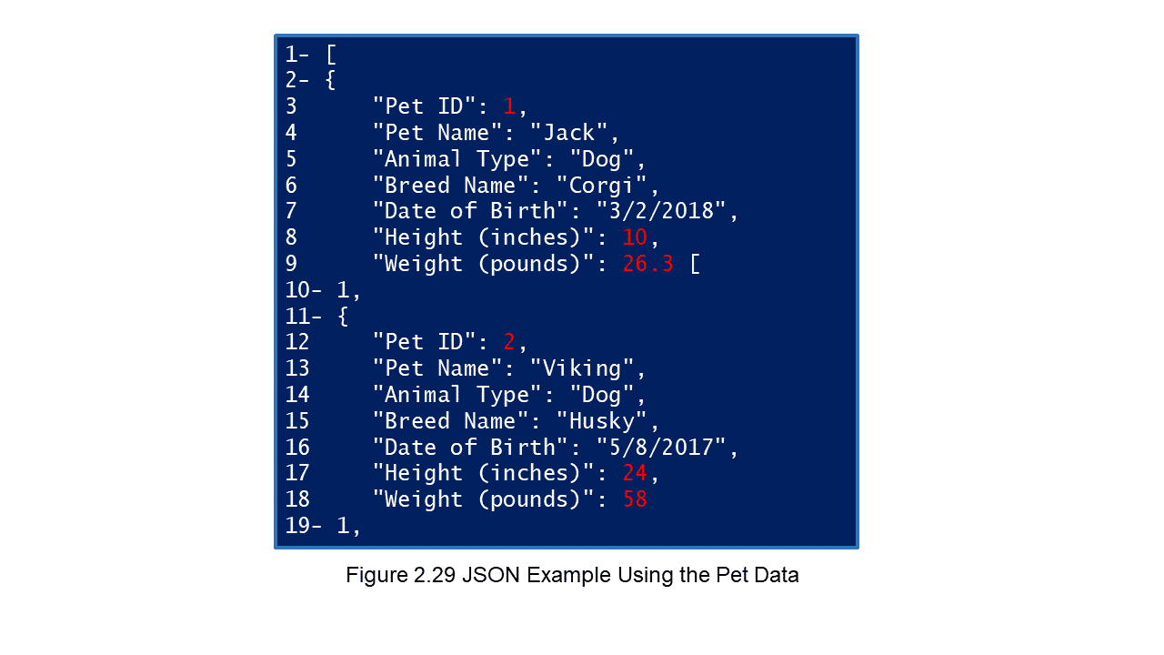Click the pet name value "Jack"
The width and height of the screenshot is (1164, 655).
coord(569,133)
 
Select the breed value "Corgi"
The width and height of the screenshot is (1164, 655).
coord(602,186)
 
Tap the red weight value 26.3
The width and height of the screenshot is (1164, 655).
coord(648,264)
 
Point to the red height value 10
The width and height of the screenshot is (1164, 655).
coord(635,237)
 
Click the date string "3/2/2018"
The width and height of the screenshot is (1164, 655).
coord(661,211)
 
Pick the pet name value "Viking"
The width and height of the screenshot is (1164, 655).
coord(582,368)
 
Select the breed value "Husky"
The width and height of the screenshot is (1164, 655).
coord(602,421)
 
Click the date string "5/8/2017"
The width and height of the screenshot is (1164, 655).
coord(661,447)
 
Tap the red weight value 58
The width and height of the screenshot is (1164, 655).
coord(635,499)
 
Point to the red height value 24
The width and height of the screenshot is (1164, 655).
coord(635,473)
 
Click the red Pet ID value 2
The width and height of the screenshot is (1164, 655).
coord(509,342)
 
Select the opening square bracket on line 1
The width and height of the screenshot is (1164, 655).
coord(331,55)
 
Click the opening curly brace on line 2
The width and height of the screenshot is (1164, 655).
coord(330,81)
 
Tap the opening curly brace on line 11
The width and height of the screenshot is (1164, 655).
coord(343,316)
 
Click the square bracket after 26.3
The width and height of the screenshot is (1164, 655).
coord(696,264)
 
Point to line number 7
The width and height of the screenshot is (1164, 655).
coord(291,211)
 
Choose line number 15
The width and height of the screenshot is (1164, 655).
coord(297,421)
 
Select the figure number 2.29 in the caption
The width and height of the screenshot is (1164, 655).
coord(435,576)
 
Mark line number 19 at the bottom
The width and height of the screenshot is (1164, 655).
coord(297,526)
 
